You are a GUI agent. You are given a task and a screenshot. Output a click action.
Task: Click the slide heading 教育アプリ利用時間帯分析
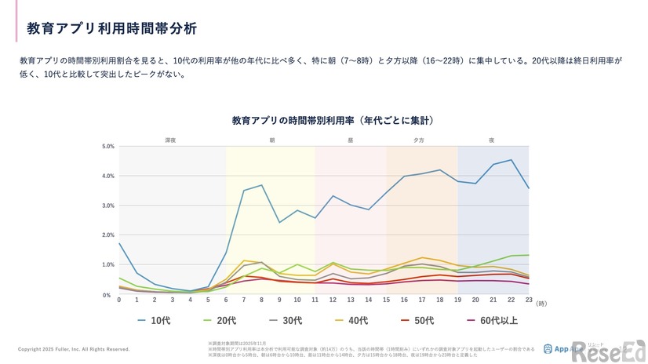111,29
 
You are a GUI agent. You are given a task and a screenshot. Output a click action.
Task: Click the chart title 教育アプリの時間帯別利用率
333,121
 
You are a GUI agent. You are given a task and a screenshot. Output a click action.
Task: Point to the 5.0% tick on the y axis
108,146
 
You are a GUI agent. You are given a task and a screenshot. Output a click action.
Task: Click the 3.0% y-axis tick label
108,206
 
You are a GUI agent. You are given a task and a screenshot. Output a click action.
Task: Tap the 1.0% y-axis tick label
108,265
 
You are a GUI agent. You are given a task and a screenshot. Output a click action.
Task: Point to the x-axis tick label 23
529,300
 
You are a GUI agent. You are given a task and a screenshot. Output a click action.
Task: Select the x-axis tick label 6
226,300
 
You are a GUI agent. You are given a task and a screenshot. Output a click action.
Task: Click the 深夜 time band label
170,140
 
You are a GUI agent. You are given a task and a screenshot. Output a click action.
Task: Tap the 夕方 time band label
420,140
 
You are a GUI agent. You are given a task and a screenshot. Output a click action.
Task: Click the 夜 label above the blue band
492,140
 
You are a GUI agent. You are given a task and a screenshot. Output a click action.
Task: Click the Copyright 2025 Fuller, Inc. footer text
74,348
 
